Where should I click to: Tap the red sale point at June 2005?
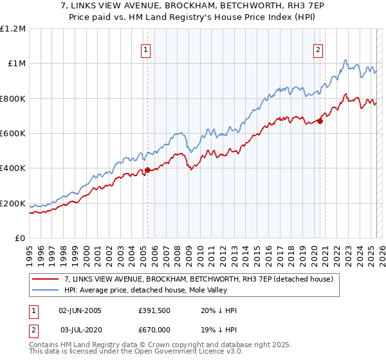pyautogui.click(x=147, y=170)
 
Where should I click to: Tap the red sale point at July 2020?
pyautogui.click(x=320, y=122)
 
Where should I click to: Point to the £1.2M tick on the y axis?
pyautogui.click(x=14, y=29)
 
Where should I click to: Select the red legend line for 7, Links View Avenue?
pyautogui.click(x=45, y=279)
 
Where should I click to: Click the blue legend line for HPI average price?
pyautogui.click(x=45, y=290)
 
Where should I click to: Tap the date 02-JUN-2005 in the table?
pyautogui.click(x=80, y=310)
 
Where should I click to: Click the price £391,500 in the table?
pyautogui.click(x=154, y=310)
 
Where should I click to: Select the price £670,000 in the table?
pyautogui.click(x=154, y=329)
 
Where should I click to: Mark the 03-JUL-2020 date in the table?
pyautogui.click(x=81, y=329)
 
